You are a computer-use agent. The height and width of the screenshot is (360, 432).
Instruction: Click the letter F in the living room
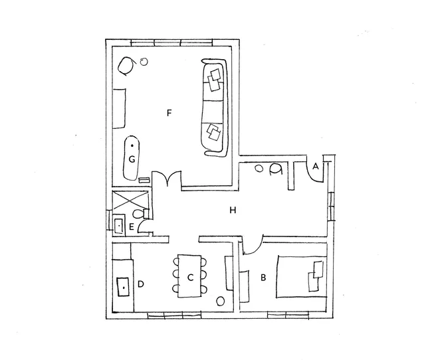click(169, 113)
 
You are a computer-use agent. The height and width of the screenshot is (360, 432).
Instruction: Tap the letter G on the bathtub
click(132, 159)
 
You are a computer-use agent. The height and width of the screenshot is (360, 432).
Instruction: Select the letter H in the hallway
click(233, 211)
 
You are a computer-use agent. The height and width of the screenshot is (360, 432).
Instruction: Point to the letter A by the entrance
click(316, 166)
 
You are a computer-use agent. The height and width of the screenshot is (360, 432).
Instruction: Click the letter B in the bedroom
click(263, 278)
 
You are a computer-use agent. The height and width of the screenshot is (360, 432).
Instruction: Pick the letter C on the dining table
click(190, 278)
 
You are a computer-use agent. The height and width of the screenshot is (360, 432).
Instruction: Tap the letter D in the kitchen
click(140, 284)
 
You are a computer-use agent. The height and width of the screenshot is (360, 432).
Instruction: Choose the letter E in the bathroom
click(132, 227)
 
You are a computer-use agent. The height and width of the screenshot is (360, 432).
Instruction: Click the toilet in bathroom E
click(140, 213)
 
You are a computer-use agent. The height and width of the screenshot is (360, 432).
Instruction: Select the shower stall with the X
click(130, 202)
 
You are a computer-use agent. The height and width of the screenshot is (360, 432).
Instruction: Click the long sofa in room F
click(215, 108)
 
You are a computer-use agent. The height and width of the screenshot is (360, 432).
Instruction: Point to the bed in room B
click(302, 277)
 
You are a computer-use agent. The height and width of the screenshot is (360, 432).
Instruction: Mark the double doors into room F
click(167, 179)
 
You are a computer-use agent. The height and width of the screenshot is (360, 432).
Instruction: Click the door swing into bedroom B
click(253, 244)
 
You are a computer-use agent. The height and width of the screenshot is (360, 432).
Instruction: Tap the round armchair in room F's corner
click(126, 66)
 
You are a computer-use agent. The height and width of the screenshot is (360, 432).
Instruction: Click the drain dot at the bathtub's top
click(132, 145)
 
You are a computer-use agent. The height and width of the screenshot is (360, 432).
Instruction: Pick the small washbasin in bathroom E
click(119, 226)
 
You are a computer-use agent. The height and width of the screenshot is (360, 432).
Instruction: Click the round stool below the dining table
click(221, 301)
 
